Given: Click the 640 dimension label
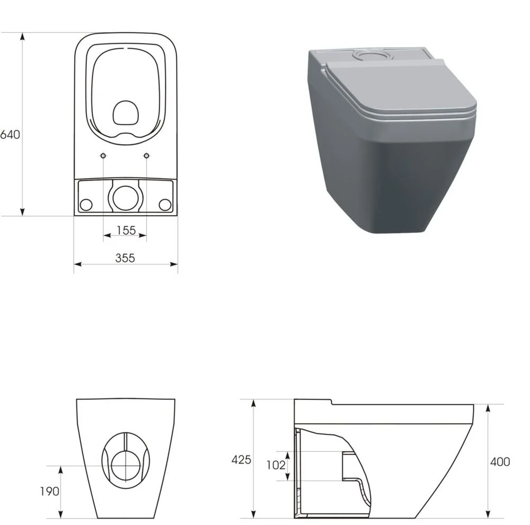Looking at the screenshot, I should tap(11, 134).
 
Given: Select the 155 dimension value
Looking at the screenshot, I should tap(126, 230).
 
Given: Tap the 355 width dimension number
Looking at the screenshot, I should tap(126, 257).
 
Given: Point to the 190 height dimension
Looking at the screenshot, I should tap(49, 491).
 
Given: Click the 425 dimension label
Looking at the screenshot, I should tap(241, 459).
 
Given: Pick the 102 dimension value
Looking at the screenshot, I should tap(276, 465).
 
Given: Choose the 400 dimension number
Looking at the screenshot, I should tap(500, 461).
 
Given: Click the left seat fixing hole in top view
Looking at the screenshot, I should tap(103, 155).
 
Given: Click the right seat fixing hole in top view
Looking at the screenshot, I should tap(147, 155).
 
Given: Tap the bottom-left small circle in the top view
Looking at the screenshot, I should tap(86, 204).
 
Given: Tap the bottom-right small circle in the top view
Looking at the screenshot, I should tap(165, 204).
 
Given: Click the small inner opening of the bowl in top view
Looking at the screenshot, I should tap(126, 112).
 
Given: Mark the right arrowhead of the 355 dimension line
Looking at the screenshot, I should tap(174, 264).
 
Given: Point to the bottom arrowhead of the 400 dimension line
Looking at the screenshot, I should tap(488, 514).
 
